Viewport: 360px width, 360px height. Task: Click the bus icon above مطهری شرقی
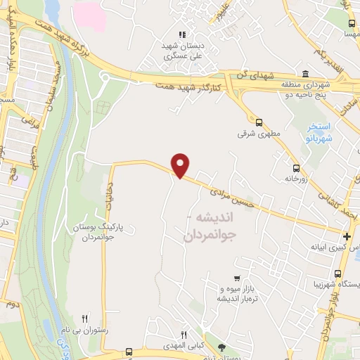[x=259, y=122]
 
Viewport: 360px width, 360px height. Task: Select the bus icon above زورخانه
[x=295, y=169]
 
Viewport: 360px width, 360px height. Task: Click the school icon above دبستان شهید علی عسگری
[x=181, y=34]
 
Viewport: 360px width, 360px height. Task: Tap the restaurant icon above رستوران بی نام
[x=86, y=318]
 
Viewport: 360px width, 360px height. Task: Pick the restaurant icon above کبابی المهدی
[x=184, y=335]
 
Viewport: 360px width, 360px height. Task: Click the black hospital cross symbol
[x=346, y=236]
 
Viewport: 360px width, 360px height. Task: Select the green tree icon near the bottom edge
[x=222, y=347]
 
